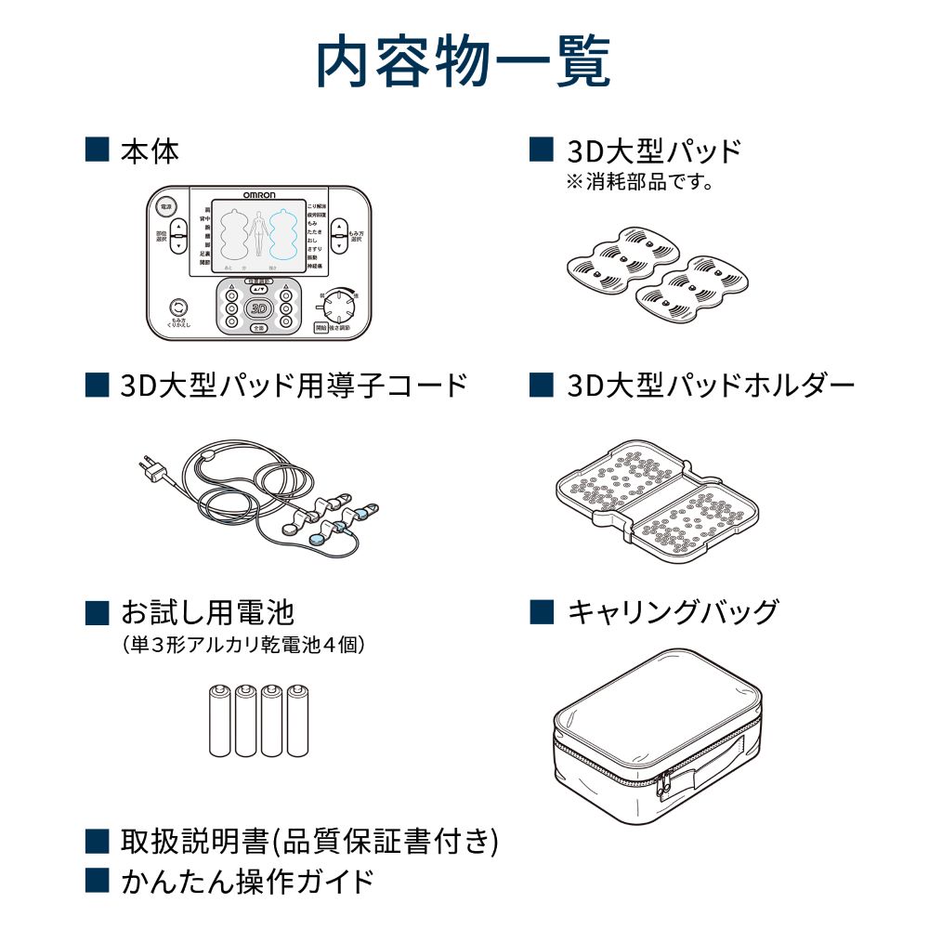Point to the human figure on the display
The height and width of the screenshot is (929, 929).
click(x=259, y=232)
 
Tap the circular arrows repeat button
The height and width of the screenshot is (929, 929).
click(x=177, y=307)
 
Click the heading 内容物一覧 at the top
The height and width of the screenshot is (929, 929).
click(x=464, y=62)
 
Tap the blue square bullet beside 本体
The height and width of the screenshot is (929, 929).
click(x=97, y=150)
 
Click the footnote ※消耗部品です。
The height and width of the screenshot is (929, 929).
click(x=639, y=182)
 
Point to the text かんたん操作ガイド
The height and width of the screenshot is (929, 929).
click(x=247, y=880)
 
